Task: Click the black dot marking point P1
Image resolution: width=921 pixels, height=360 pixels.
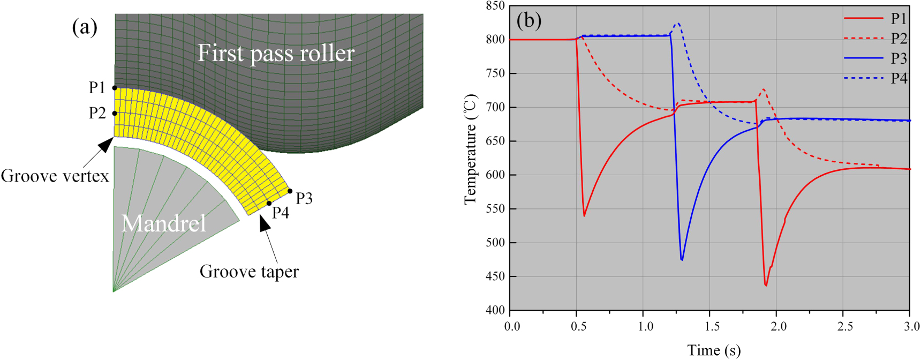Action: click(115, 88)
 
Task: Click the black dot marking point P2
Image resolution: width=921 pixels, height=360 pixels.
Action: click(115, 114)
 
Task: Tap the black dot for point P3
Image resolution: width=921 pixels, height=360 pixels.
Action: click(290, 191)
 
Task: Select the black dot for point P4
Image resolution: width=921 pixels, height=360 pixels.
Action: click(269, 204)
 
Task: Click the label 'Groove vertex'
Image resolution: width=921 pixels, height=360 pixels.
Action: click(55, 176)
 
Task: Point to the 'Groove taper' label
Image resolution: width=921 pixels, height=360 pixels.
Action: click(249, 272)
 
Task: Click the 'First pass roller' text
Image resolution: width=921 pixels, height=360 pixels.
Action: click(276, 53)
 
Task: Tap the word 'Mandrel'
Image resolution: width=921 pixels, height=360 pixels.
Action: click(163, 223)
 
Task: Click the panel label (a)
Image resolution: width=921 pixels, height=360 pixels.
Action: click(85, 27)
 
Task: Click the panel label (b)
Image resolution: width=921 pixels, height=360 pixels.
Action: click(529, 20)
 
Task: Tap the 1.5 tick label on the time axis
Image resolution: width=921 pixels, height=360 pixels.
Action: click(712, 326)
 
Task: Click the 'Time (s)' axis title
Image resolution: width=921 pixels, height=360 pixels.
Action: click(714, 350)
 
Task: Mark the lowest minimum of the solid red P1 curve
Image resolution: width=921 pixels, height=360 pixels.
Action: click(766, 286)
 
